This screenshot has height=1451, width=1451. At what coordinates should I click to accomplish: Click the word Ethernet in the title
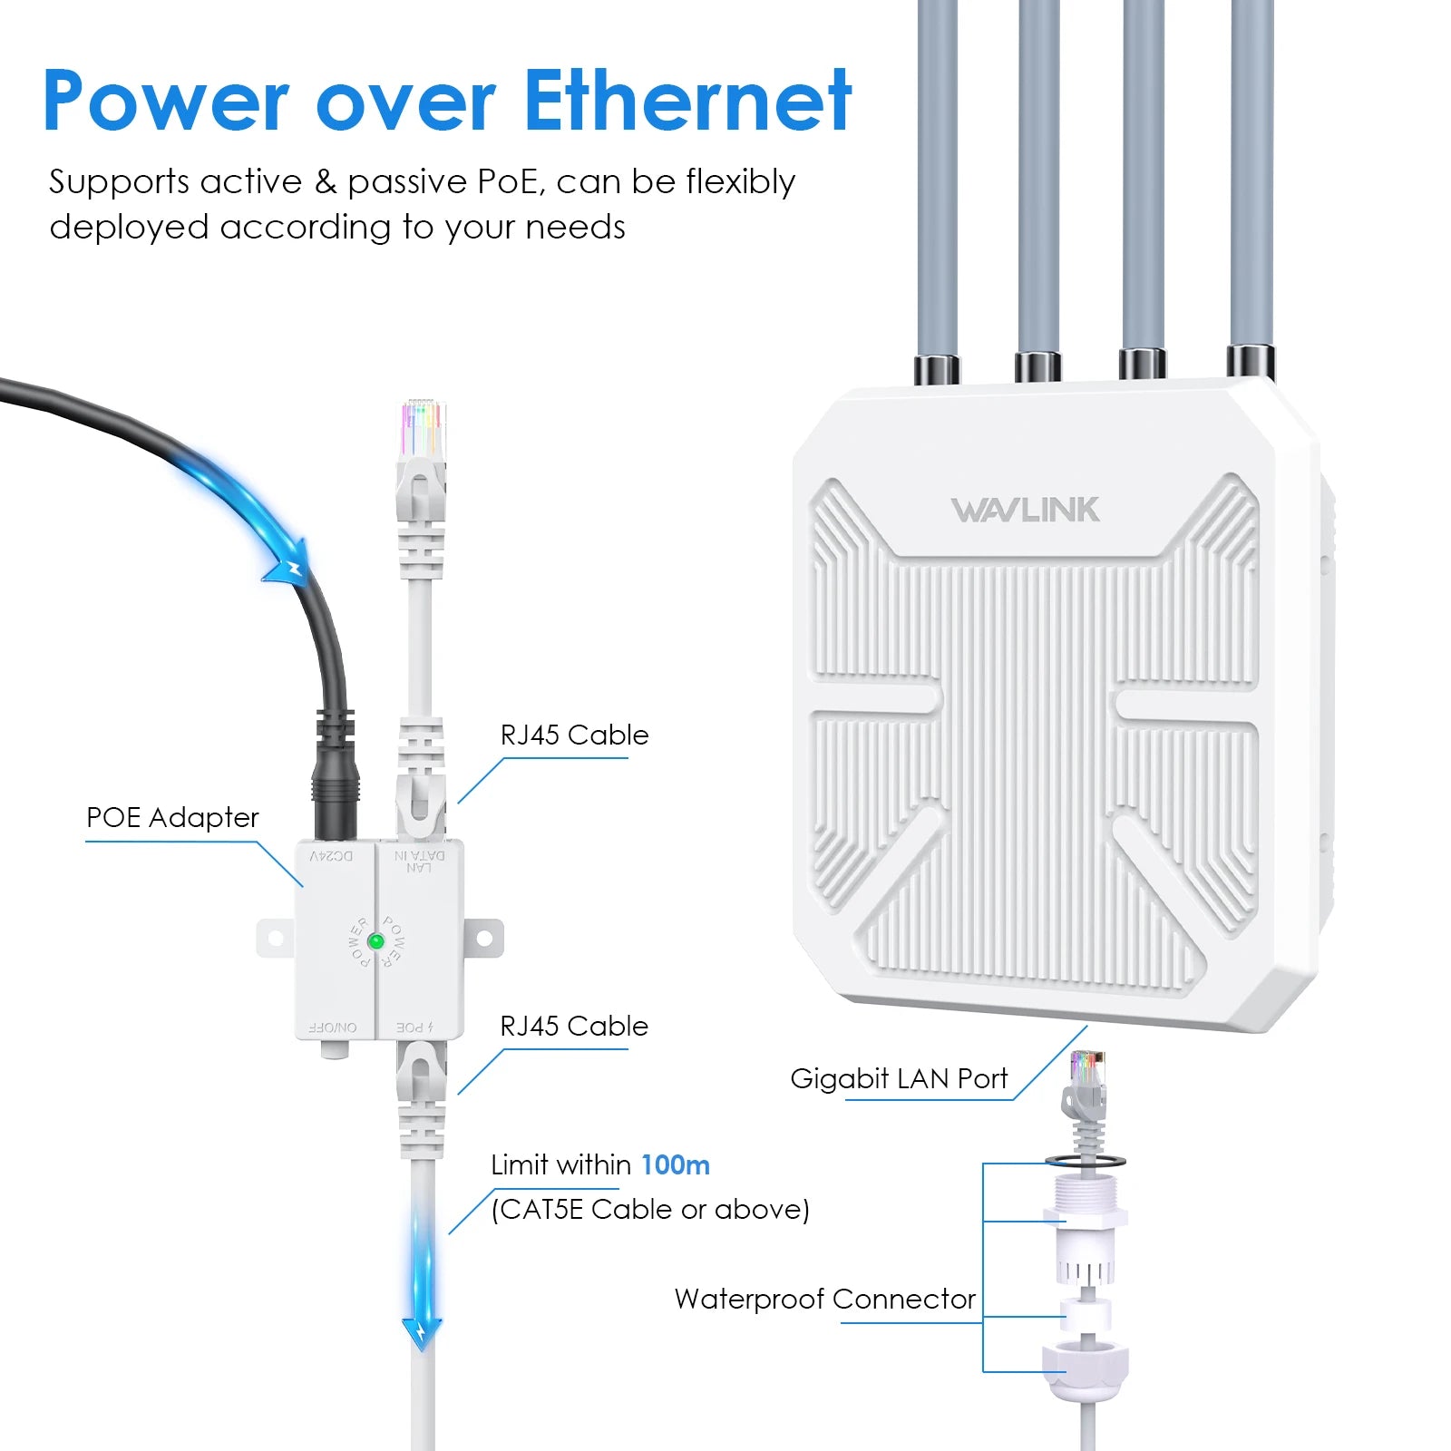tap(687, 102)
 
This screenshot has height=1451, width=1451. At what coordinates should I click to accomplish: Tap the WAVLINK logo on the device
tap(1025, 511)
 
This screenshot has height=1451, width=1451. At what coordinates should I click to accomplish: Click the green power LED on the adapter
tap(375, 941)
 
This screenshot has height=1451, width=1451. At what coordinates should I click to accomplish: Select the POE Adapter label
tap(172, 818)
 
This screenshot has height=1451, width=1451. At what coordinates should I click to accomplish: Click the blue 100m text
tap(676, 1165)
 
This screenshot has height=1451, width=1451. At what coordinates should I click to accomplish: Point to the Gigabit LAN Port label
tap(899, 1079)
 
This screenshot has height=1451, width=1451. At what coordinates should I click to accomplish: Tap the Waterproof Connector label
tap(824, 1300)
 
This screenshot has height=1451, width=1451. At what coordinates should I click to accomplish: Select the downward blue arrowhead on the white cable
tap(422, 1332)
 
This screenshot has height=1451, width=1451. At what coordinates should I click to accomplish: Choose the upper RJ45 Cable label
tap(574, 735)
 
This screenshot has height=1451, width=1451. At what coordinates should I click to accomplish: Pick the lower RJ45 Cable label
tap(574, 1027)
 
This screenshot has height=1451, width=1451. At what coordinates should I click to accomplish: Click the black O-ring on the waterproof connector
tap(1086, 1161)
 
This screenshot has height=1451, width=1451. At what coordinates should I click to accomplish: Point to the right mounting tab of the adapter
tap(483, 937)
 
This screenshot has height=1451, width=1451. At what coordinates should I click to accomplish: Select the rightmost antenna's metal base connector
tap(1251, 362)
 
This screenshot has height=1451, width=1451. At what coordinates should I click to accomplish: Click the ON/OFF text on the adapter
tap(333, 1027)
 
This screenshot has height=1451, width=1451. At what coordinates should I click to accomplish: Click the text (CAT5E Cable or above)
tap(650, 1210)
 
